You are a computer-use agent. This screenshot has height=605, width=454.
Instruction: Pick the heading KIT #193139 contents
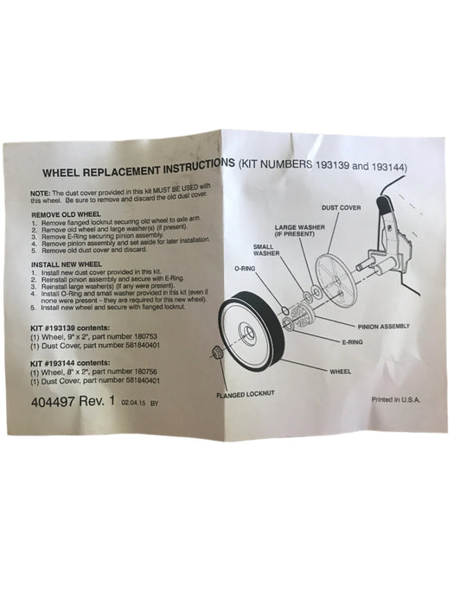(x=67, y=329)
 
